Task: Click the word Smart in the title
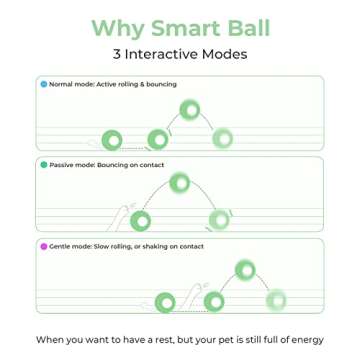tap(182, 28)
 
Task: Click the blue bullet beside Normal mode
tap(43, 84)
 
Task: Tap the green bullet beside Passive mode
tap(43, 164)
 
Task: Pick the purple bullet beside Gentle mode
tap(43, 245)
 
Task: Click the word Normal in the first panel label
tap(60, 84)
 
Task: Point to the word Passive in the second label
tap(60, 164)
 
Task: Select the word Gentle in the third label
tap(60, 245)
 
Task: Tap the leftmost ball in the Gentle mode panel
tap(169, 300)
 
